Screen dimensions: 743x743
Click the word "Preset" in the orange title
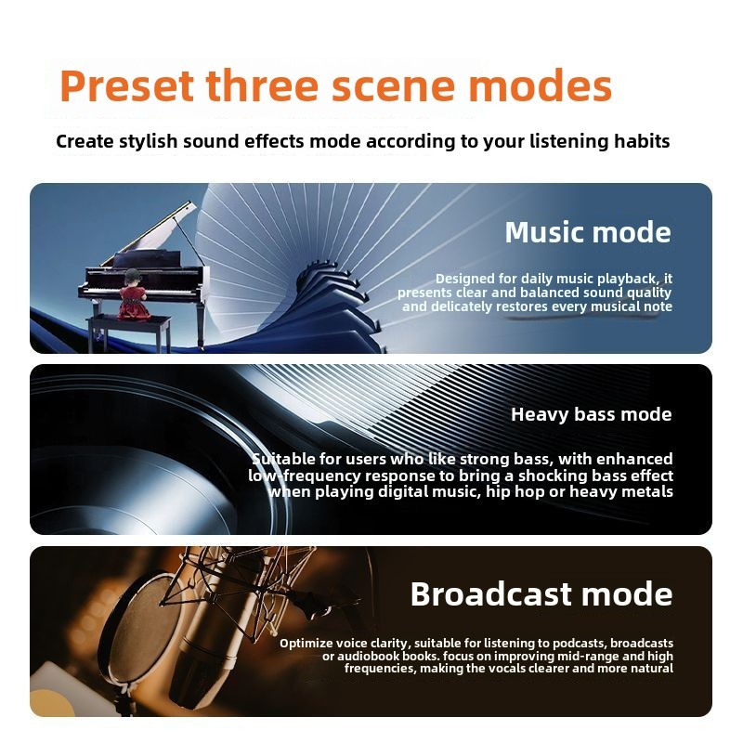(x=127, y=86)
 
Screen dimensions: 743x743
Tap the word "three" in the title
(x=263, y=85)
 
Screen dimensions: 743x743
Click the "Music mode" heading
(x=588, y=232)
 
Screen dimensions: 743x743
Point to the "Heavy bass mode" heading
(x=592, y=414)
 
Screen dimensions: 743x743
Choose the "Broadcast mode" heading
(x=541, y=594)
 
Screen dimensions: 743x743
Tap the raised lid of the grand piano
(x=154, y=232)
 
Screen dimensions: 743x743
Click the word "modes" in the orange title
(x=541, y=86)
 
